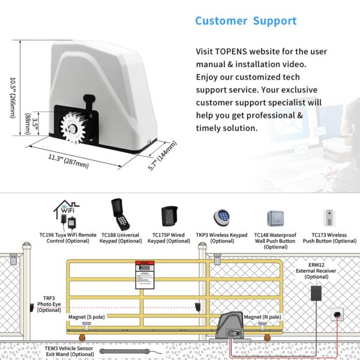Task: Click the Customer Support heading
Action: point(245,21)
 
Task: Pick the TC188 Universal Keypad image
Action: point(119,214)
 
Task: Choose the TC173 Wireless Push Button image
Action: point(328,217)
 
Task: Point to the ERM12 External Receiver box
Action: point(316,294)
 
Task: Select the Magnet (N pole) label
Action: point(262,316)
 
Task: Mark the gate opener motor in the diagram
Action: point(231,327)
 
